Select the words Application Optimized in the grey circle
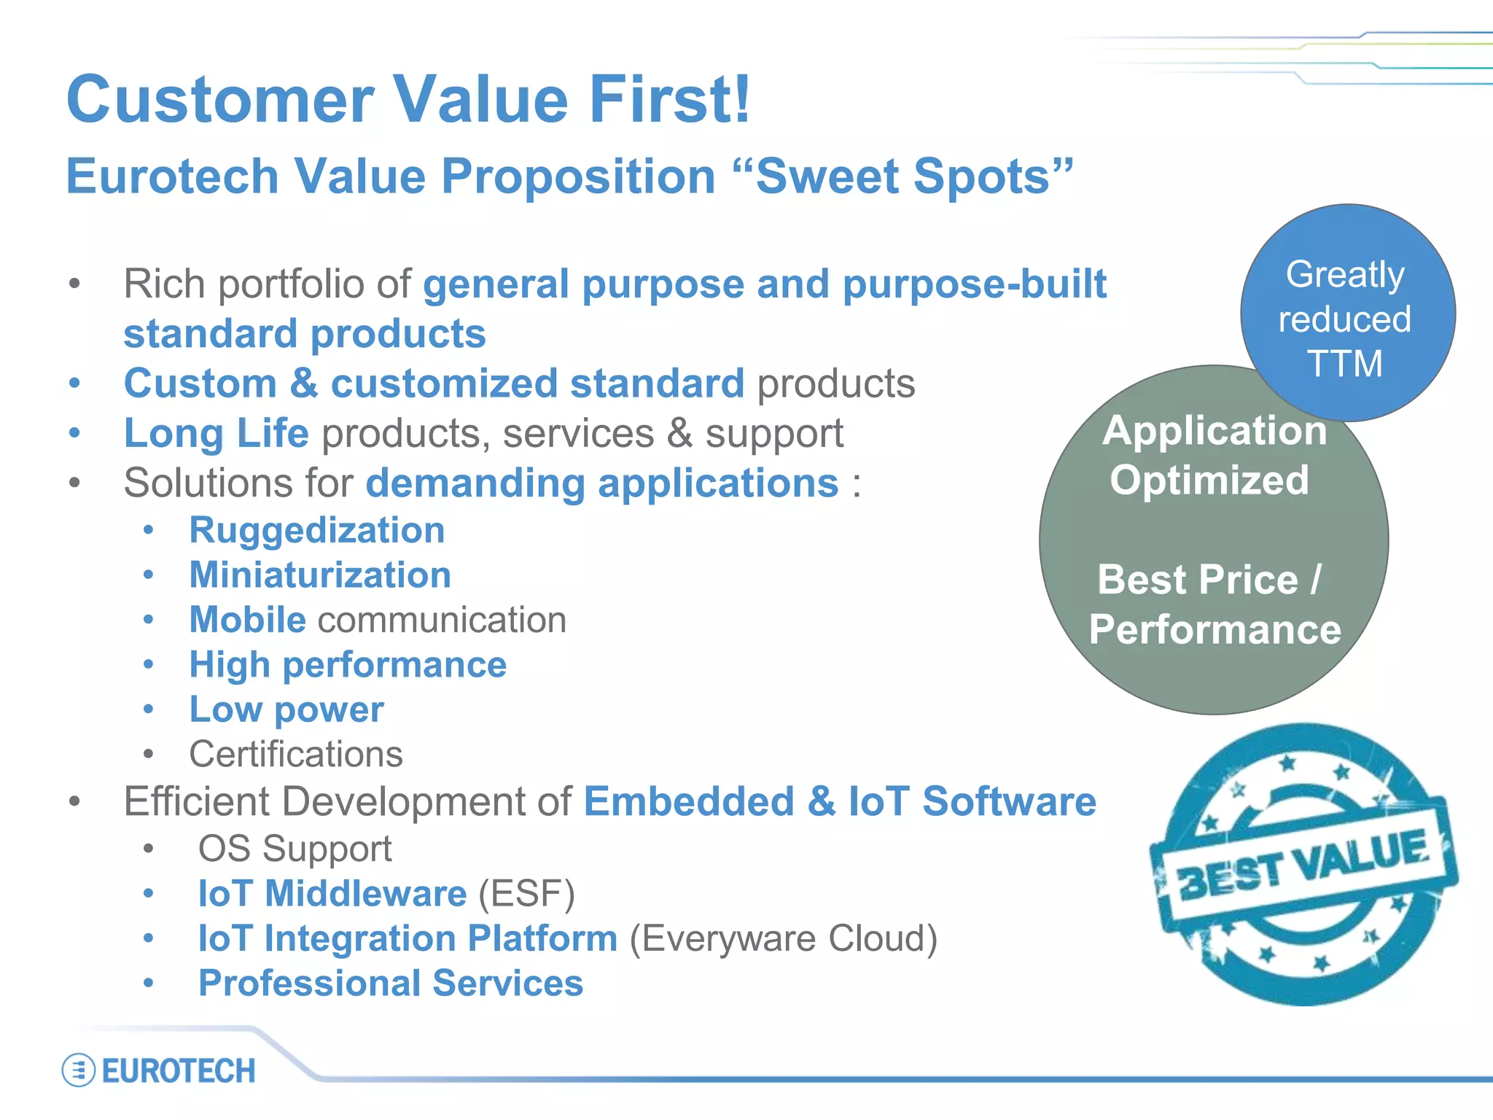1213,455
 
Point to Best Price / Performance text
1213,604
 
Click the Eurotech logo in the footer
160,1070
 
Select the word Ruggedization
316,530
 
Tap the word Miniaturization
320,575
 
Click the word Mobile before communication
247,621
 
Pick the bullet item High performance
348,665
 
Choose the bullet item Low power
286,709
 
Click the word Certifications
295,755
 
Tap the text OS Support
295,849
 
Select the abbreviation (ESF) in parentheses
526,894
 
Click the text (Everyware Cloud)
784,939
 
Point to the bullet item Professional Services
391,984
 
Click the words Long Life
217,434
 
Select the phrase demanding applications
602,483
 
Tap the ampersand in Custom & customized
303,384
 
